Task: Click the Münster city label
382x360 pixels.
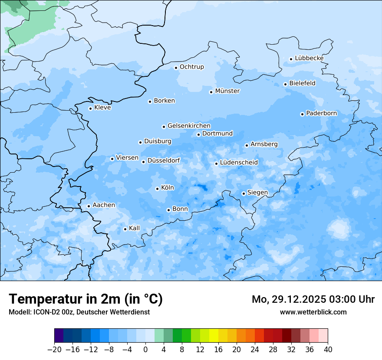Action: [x=227, y=91]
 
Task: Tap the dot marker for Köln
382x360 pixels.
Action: [x=157, y=189]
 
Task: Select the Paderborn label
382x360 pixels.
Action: [x=321, y=113]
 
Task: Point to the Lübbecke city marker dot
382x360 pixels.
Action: [x=291, y=59]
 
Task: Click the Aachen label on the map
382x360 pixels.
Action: [x=104, y=205]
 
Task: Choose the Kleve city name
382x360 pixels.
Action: [x=102, y=108]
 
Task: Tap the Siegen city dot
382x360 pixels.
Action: [x=244, y=193]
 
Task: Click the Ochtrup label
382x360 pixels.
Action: [x=191, y=67]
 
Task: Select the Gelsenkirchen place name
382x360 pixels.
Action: [x=189, y=126]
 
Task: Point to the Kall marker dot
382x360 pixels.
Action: [x=125, y=229]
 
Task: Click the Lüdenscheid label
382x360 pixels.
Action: [x=239, y=163]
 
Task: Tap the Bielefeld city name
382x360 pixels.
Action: [x=302, y=83]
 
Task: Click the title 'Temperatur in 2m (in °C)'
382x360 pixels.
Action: [x=86, y=299]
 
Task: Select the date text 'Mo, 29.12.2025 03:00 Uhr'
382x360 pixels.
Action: [x=313, y=299]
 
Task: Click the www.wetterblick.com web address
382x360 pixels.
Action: [x=313, y=312]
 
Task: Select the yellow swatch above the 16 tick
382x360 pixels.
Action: [x=214, y=336]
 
